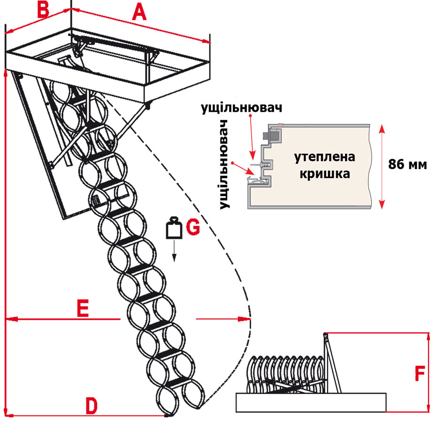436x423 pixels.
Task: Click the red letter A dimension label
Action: (x=139, y=12)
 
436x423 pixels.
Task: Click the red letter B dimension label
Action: (x=43, y=9)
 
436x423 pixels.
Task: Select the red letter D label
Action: (x=92, y=405)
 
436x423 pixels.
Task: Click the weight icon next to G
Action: (x=174, y=228)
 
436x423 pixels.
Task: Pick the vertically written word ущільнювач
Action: (x=227, y=164)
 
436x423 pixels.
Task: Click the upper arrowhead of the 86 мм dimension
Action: (x=382, y=127)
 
